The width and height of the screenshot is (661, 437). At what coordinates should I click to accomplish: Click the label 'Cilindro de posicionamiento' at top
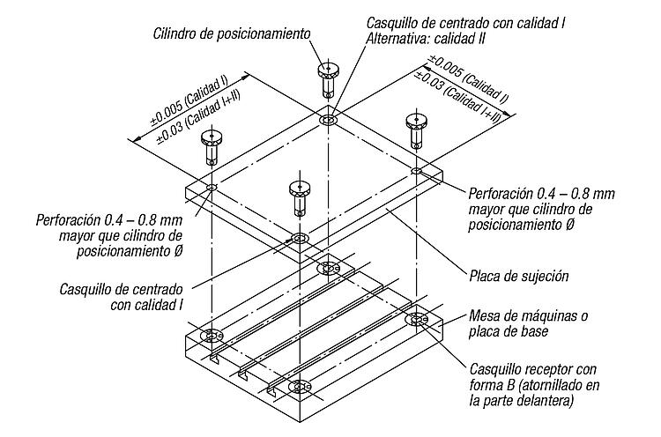232,33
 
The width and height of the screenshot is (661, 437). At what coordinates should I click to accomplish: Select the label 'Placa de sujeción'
519,276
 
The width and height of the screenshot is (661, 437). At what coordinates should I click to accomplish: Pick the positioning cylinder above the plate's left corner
212,144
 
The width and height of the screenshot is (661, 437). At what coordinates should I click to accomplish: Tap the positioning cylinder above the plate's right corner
415,129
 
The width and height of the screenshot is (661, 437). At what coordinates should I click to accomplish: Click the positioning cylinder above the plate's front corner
300,196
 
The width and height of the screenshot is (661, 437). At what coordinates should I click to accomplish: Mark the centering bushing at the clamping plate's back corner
329,119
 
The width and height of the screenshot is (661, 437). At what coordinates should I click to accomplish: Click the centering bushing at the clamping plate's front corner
301,239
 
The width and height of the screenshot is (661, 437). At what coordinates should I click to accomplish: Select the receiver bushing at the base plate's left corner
211,336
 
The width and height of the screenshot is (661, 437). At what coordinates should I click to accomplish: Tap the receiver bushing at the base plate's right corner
416,320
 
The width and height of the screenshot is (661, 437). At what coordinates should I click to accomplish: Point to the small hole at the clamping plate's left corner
212,187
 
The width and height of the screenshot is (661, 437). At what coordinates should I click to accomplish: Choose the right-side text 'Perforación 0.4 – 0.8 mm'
541,194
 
